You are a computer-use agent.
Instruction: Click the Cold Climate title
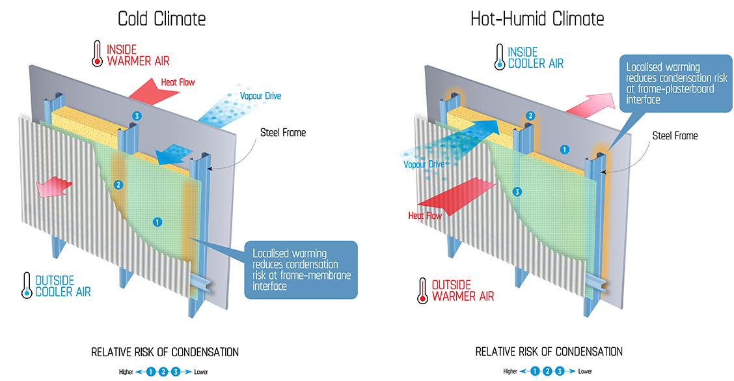[x=161, y=18]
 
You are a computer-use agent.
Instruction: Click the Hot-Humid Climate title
[x=537, y=18]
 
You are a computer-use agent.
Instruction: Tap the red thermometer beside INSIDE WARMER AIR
[x=97, y=54]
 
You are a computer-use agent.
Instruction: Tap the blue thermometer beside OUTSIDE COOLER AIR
[x=27, y=285]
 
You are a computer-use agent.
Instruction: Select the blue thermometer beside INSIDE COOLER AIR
[x=499, y=56]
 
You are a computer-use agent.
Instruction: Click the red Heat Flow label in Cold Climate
[x=177, y=83]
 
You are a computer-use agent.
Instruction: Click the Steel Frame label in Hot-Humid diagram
[x=675, y=136]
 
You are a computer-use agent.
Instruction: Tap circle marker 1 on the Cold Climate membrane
[x=157, y=222]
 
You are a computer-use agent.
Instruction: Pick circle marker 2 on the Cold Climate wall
[x=118, y=184]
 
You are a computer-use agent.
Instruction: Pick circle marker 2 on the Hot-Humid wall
[x=530, y=116]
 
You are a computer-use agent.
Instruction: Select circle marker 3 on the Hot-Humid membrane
[x=517, y=191]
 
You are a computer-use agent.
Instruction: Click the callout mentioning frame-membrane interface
[x=301, y=270]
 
